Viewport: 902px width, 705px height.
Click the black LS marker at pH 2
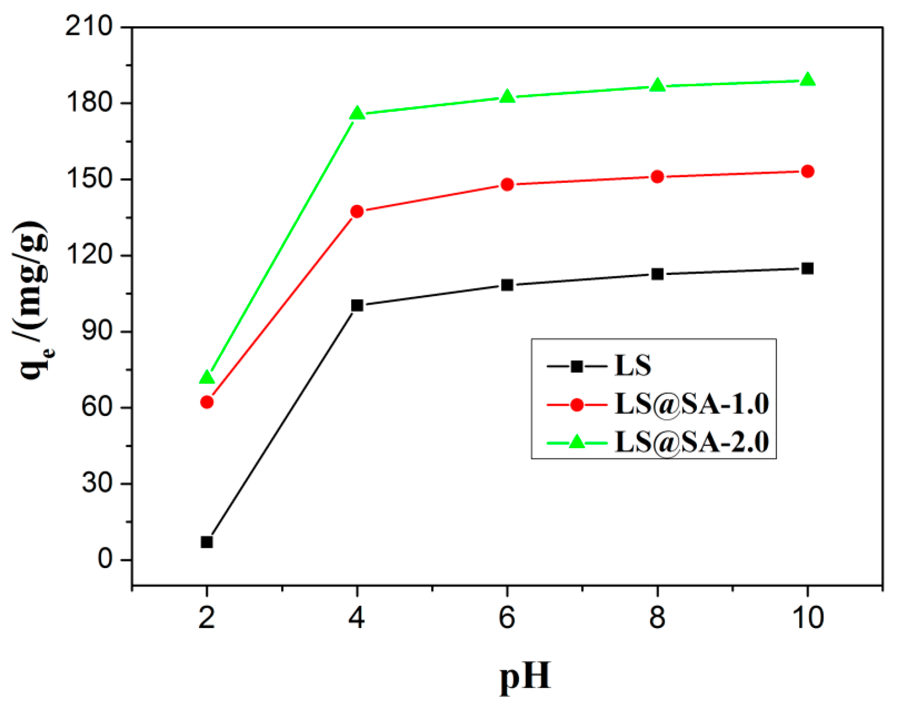[x=207, y=542]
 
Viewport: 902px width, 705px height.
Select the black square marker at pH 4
[x=357, y=305]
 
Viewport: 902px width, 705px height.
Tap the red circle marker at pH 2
[x=207, y=402]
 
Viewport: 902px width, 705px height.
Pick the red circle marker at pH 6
[x=507, y=185]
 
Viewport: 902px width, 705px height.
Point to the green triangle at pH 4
[x=357, y=113]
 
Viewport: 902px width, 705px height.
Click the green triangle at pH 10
[x=807, y=80]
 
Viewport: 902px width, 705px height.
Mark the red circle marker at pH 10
[x=807, y=172]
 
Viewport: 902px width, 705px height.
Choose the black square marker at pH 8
[x=657, y=274]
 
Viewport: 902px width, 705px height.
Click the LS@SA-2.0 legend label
[x=691, y=442]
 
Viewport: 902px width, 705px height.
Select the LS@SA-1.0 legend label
[x=691, y=404]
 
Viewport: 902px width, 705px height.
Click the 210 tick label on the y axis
[x=89, y=26]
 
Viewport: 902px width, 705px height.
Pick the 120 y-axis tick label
[x=89, y=255]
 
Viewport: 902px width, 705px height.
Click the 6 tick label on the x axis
[x=507, y=617]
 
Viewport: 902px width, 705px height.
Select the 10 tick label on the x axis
[x=808, y=617]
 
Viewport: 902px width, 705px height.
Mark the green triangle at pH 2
[x=207, y=377]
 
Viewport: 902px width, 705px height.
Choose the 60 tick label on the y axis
[x=97, y=407]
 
